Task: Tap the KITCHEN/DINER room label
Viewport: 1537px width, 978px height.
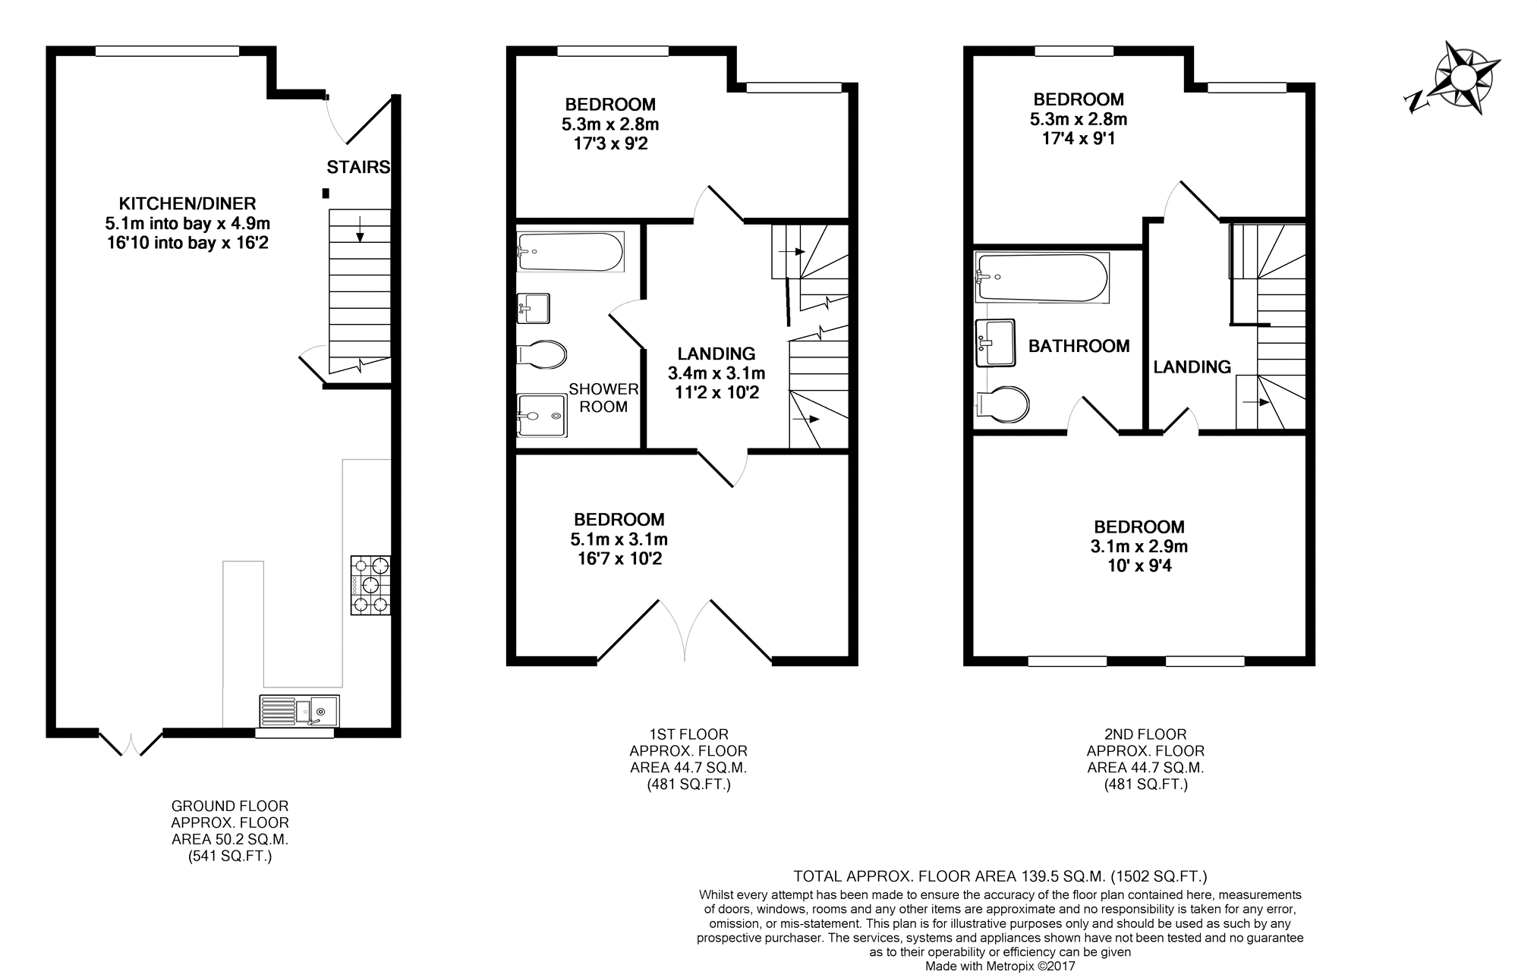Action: tap(187, 203)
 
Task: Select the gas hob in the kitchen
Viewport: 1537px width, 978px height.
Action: tap(370, 584)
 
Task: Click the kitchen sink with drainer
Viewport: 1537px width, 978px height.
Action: tap(299, 711)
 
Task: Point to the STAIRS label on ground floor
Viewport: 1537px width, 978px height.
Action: tap(358, 167)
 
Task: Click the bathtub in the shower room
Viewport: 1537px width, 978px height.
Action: tap(570, 251)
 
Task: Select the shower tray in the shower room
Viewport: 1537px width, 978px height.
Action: tap(541, 415)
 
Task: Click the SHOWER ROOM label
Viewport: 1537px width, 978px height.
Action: tap(603, 398)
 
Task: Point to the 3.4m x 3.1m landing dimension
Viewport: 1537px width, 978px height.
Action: tap(717, 373)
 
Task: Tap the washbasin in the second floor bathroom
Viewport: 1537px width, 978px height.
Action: tap(995, 342)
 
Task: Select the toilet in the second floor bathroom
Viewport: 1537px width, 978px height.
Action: tap(1002, 404)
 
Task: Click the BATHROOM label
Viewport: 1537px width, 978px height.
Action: tap(1079, 346)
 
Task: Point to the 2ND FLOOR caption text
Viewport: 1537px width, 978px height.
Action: tap(1145, 734)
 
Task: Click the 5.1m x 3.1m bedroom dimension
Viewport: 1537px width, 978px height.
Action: tap(619, 539)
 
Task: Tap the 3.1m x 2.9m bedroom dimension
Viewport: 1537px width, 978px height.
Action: tap(1139, 546)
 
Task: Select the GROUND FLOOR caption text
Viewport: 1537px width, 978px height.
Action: tap(230, 806)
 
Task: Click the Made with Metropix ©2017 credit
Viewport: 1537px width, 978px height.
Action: tap(1000, 967)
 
